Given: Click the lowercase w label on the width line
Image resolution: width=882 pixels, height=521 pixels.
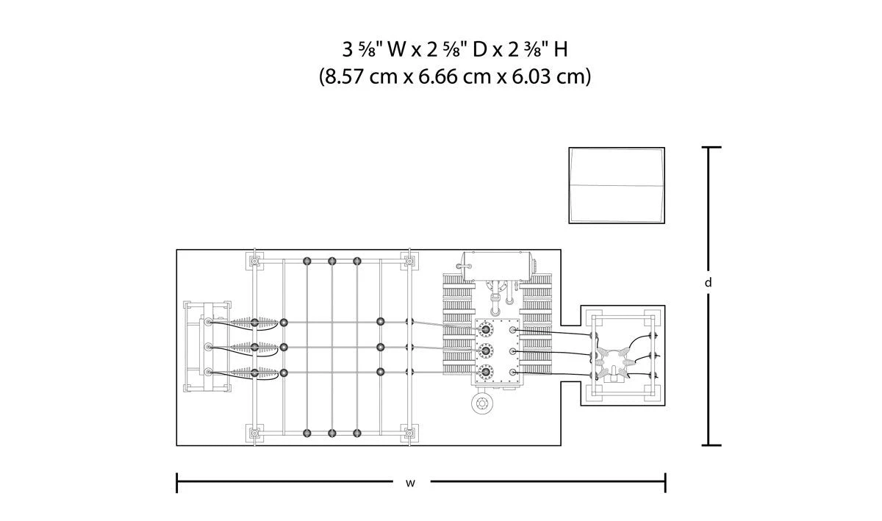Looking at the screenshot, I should tap(410, 483).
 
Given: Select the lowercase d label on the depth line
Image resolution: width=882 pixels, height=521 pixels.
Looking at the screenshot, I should tap(708, 281).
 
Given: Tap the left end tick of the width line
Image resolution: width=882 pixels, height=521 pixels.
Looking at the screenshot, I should tap(177, 483).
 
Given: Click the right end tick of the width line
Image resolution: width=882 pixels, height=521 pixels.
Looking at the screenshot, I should tap(664, 483).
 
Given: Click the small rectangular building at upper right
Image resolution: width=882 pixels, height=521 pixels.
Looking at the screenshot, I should tap(616, 185).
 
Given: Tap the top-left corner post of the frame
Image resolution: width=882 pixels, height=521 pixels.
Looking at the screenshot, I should tap(254, 261).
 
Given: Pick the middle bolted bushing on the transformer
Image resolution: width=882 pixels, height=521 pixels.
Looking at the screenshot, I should tap(485, 350).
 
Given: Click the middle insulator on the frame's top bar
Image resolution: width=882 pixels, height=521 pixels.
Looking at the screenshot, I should tap(332, 261).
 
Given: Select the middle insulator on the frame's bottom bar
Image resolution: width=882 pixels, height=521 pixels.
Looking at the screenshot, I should tap(332, 433).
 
